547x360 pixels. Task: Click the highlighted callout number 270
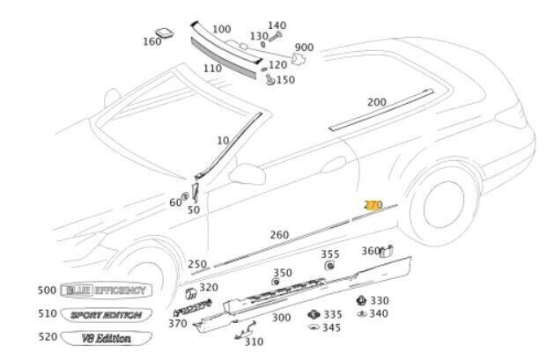[x=373, y=204]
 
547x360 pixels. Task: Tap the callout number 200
[x=376, y=102]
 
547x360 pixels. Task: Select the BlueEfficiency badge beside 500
[x=107, y=290]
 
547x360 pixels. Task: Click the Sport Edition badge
[x=105, y=313]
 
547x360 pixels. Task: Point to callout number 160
[x=152, y=41]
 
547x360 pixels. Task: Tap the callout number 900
[x=305, y=48]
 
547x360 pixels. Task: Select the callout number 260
[x=278, y=234]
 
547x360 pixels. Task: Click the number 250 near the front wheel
[x=197, y=264]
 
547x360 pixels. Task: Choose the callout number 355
[x=330, y=254]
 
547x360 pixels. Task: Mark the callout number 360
[x=371, y=251]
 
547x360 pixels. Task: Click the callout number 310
[x=254, y=342]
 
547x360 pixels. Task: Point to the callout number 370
[x=177, y=323]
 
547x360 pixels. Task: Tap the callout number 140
[x=277, y=26]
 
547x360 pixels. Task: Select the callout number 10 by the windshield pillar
[x=221, y=141]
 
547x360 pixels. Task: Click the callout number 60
[x=174, y=202]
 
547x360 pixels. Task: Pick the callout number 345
[x=331, y=327]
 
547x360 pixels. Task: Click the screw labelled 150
[x=268, y=79]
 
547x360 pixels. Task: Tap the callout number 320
[x=209, y=287]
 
